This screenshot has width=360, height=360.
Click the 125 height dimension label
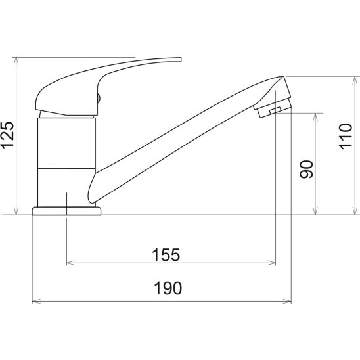pyautogui.click(x=7, y=135)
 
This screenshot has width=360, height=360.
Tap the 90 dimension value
pyautogui.click(x=307, y=169)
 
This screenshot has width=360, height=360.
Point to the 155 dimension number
pyautogui.click(x=166, y=255)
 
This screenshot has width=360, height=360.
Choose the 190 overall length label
pyautogui.click(x=168, y=288)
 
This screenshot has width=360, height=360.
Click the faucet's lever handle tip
pyautogui.click(x=180, y=60)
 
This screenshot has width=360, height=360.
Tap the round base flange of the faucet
pyautogui.click(x=66, y=211)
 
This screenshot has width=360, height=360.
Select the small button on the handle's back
pyautogui.click(x=99, y=99)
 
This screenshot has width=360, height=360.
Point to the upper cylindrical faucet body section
pyautogui.click(x=66, y=143)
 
